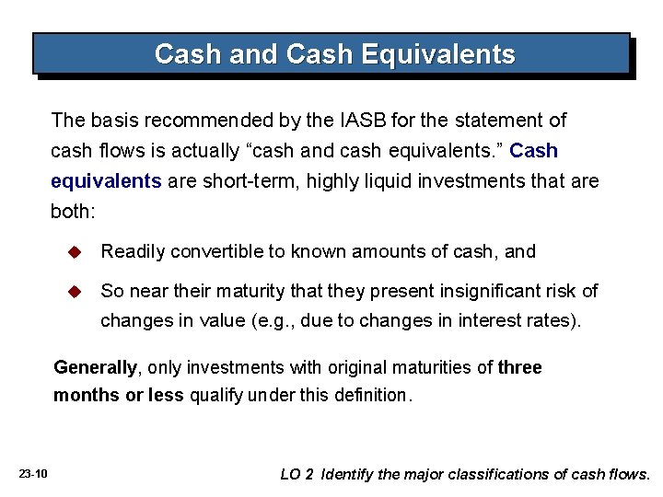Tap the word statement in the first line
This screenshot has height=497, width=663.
point(499,121)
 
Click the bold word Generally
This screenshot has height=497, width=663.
point(95,368)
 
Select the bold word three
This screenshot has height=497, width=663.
point(519,368)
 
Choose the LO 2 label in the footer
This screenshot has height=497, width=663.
point(297,475)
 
